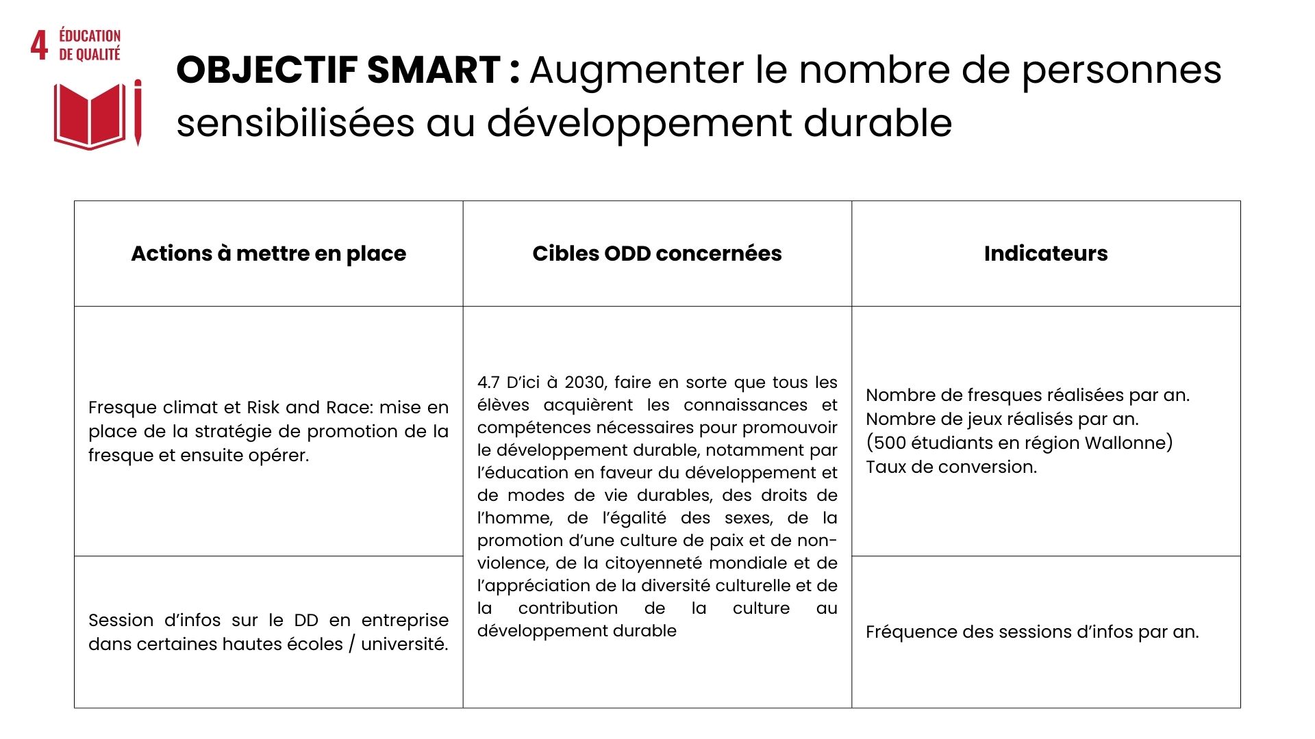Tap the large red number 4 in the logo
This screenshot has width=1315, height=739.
[39, 45]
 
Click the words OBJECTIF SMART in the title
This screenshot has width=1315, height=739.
[338, 70]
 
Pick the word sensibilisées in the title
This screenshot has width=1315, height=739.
[295, 124]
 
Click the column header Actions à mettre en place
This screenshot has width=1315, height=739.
[268, 254]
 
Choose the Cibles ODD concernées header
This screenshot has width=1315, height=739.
[657, 254]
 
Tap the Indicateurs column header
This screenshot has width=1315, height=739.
[1045, 254]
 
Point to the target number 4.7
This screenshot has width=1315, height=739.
[488, 383]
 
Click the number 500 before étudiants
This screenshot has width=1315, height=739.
[890, 443]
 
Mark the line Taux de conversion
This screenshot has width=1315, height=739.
[951, 467]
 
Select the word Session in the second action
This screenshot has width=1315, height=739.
[121, 621]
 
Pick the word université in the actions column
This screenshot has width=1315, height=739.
[404, 645]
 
